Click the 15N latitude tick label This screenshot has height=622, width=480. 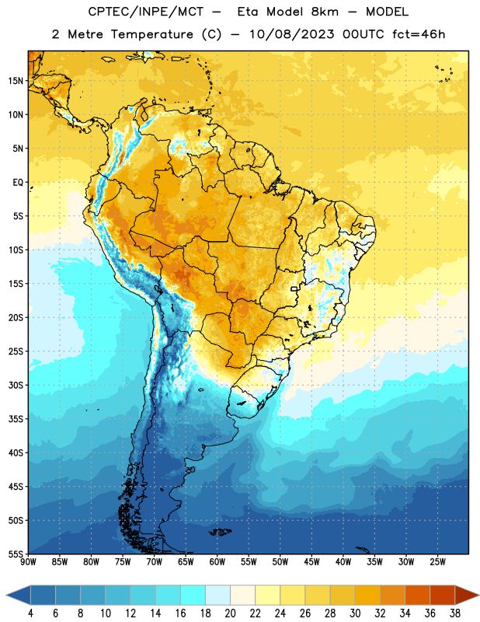tap(16, 81)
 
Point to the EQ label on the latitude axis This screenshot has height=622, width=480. tap(18, 183)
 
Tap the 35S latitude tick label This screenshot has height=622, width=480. tap(16, 419)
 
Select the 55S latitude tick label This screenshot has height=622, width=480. tap(16, 554)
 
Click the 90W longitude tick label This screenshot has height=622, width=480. tap(28, 562)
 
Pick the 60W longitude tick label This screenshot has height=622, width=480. tap(217, 562)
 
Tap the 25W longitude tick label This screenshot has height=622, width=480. tap(437, 562)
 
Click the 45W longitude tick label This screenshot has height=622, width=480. tap(311, 562)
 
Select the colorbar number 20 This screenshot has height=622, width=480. tap(230, 613)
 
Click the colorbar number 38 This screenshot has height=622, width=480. tap(455, 613)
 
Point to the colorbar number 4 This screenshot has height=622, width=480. tap(30, 613)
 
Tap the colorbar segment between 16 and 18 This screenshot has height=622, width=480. tap(193, 595)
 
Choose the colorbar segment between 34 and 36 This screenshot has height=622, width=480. tap(417, 595)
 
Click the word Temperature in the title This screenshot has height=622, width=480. tap(151, 34)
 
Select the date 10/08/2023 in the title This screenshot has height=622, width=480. tap(291, 34)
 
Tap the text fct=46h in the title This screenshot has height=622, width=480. tap(419, 34)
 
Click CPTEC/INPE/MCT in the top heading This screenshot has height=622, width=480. tap(145, 12)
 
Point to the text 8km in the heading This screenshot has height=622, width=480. tap(325, 12)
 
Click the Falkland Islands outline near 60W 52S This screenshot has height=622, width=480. tap(221, 532)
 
